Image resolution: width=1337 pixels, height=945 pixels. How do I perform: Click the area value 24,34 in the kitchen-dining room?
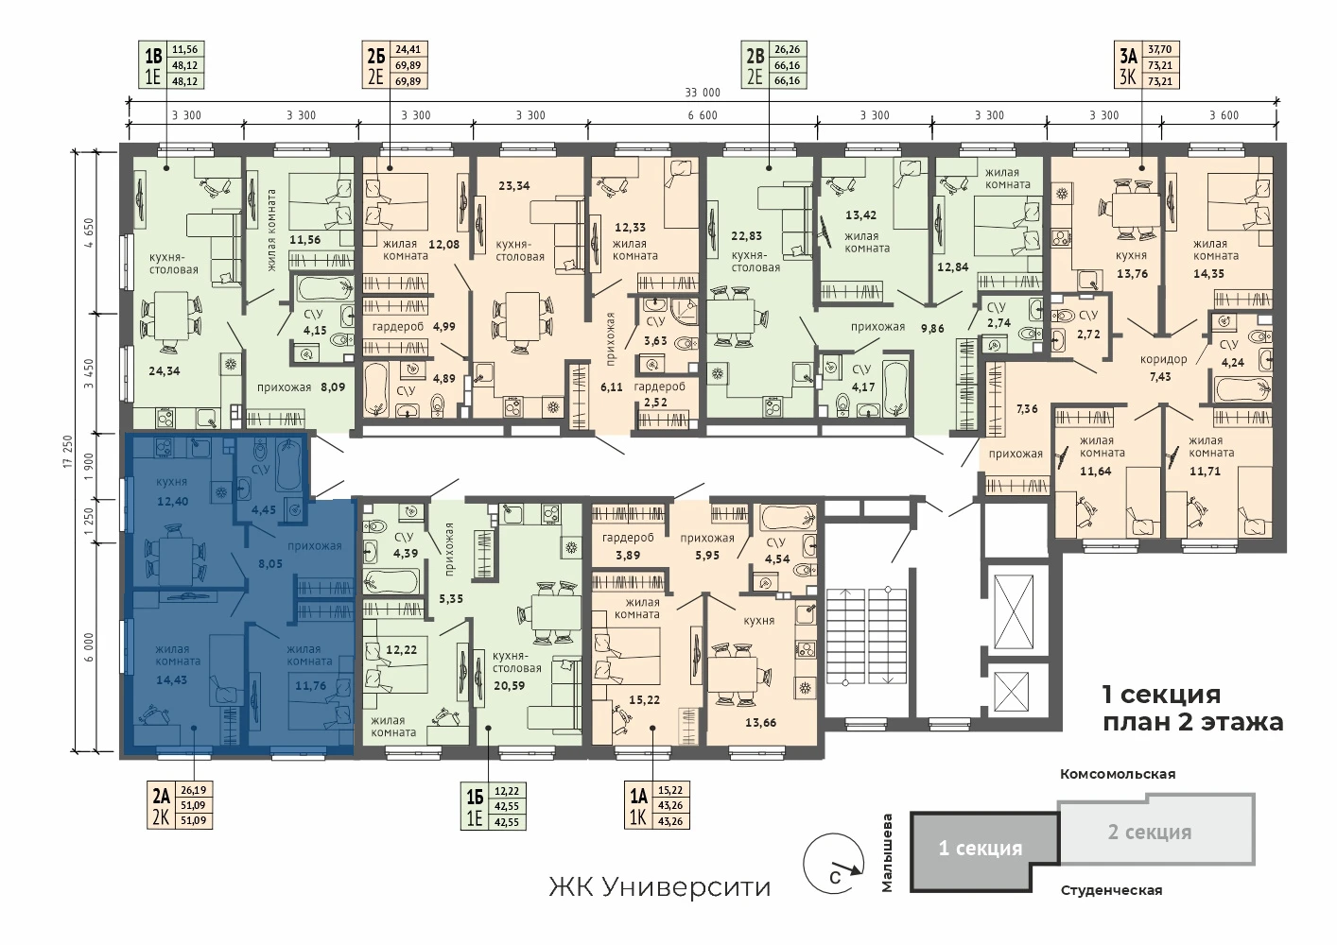click(165, 371)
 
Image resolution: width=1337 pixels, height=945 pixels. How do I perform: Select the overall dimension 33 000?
click(703, 93)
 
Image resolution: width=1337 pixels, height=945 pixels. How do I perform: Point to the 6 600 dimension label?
click(703, 115)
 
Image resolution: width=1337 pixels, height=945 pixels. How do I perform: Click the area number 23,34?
click(514, 186)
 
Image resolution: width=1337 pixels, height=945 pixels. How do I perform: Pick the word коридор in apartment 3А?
click(1163, 360)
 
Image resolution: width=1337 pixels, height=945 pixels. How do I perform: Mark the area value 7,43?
click(1160, 377)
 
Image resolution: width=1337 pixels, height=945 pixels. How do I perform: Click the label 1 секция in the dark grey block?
click(981, 848)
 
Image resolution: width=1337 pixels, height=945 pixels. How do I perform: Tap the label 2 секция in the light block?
click(1150, 833)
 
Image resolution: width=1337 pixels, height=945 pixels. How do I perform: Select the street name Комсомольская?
click(1118, 774)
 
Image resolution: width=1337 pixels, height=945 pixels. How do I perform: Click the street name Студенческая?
click(1111, 890)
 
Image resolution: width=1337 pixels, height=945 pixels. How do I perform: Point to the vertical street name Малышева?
click(888, 853)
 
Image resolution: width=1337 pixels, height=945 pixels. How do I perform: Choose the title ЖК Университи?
click(660, 887)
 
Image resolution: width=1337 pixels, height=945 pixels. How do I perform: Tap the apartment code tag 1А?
click(638, 796)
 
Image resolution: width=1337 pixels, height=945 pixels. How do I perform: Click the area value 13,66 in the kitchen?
click(760, 723)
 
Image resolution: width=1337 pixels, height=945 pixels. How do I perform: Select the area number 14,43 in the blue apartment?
click(171, 679)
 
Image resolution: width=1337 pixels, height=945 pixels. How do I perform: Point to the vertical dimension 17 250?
click(68, 451)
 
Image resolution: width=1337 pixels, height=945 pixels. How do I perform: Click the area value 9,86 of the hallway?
click(932, 328)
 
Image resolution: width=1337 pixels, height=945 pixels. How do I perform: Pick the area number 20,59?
click(509, 685)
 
